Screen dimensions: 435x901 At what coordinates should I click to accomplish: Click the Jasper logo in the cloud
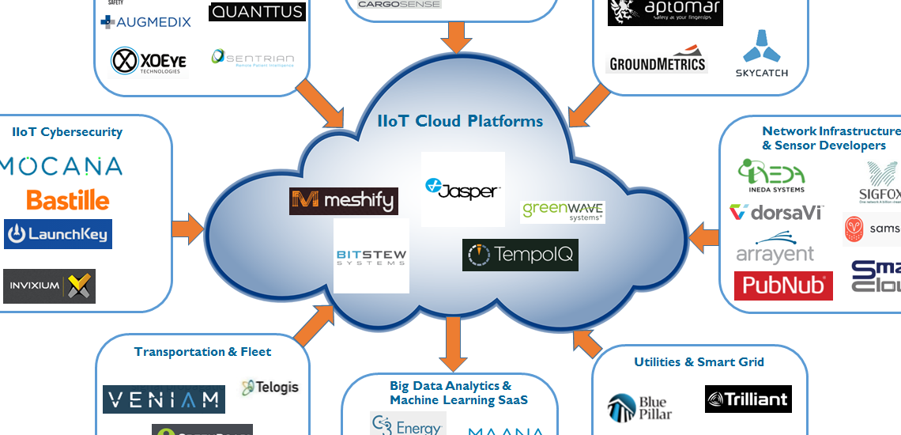462,189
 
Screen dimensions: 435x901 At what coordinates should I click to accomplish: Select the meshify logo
344,201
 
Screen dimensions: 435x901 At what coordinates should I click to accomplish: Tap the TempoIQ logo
520,255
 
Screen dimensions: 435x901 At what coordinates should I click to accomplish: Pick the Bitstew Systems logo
371,255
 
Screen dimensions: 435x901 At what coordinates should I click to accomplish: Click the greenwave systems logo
563,211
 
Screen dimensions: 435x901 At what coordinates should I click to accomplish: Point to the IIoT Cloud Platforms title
460,121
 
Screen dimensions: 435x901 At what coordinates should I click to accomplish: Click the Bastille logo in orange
68,199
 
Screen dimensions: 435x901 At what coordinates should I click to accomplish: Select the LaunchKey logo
58,234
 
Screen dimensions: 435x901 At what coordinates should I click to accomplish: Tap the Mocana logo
62,165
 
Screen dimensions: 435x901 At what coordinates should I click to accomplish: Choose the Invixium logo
49,286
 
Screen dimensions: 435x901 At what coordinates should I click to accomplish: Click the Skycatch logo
763,55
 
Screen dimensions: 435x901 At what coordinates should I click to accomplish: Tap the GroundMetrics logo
657,64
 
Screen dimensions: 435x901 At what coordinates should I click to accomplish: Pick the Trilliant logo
748,399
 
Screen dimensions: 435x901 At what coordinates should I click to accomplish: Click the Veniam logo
164,399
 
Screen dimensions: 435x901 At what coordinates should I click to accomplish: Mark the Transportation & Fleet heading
202,352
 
